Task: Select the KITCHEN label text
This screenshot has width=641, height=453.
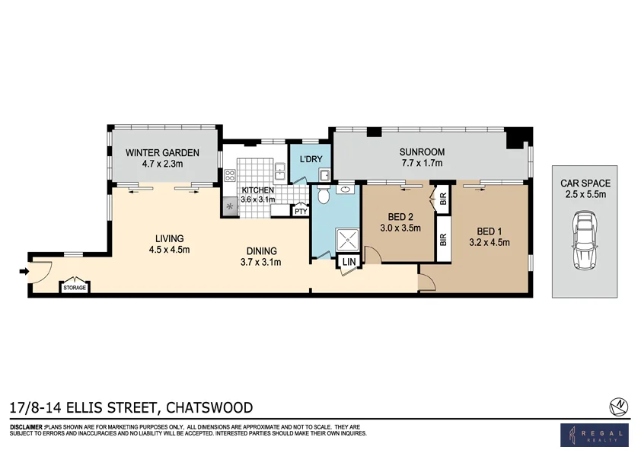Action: coord(257,190)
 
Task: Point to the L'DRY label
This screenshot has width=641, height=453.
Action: coord(311,158)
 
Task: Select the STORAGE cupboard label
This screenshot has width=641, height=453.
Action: coord(75,288)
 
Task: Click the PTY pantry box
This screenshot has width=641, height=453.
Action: coord(301,212)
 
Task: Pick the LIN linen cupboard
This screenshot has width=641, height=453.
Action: coord(349,261)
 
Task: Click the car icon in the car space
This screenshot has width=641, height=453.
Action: coord(585,241)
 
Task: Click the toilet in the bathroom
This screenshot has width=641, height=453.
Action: coord(323,197)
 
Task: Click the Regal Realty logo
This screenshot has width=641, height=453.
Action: coord(594,435)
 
